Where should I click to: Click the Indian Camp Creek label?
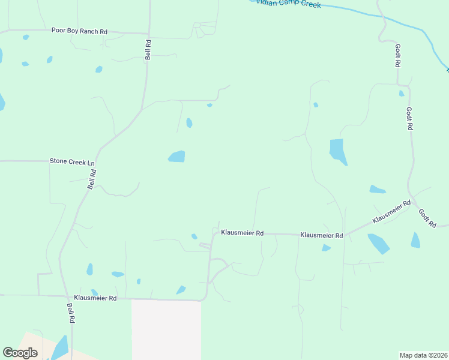click(x=289, y=4)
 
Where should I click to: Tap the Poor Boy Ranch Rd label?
click(x=79, y=31)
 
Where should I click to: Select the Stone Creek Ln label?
click(x=71, y=162)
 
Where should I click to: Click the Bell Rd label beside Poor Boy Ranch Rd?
click(x=148, y=49)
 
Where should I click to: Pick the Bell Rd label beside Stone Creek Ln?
click(x=92, y=179)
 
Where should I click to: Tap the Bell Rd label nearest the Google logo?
click(x=70, y=313)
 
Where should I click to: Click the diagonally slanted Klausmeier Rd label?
click(x=391, y=212)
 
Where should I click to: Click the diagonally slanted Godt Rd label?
click(x=427, y=217)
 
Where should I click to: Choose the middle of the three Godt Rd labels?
click(x=409, y=119)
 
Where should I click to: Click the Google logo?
click(x=20, y=353)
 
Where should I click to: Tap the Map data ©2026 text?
click(x=423, y=355)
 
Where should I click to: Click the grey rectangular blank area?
click(x=166, y=330)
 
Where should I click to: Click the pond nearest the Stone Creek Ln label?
click(x=177, y=157)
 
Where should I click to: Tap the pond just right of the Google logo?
click(x=61, y=347)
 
